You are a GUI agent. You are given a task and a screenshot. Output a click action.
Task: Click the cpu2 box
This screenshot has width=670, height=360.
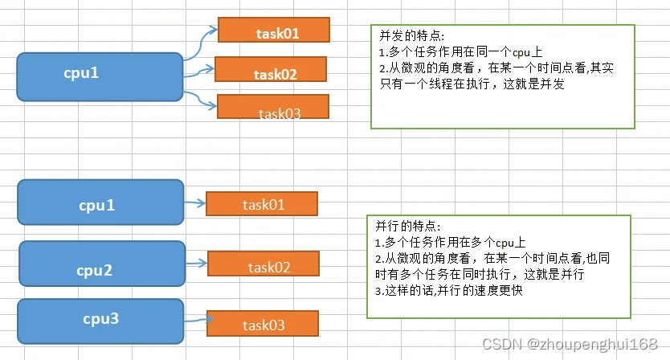click(102, 264)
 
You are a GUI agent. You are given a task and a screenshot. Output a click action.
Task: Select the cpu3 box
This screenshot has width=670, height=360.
click(101, 321)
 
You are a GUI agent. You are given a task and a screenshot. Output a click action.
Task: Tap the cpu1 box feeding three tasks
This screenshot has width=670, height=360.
click(100, 77)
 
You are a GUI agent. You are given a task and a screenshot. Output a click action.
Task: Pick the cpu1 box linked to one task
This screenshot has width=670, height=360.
click(101, 202)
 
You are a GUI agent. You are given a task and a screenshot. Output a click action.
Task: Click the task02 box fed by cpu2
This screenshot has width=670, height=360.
click(264, 264)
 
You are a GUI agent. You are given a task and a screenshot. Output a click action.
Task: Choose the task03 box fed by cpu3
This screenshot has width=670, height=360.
click(263, 323)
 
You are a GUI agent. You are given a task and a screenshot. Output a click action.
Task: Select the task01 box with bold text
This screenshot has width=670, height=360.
click(274, 30)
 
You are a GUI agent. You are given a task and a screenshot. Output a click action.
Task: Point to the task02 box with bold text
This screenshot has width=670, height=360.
click(271, 69)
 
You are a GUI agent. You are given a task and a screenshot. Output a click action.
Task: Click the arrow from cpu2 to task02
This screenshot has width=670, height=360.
click(197, 264)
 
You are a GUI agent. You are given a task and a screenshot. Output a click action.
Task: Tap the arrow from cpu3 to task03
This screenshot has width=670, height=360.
click(198, 319)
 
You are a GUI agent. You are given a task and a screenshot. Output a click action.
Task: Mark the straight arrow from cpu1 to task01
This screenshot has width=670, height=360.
click(195, 203)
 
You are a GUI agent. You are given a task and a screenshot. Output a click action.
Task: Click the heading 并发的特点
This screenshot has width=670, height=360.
click(411, 36)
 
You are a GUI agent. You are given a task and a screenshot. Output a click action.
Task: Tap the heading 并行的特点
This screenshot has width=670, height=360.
click(407, 226)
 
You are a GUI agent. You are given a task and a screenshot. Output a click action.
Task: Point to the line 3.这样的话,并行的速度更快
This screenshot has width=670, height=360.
click(449, 291)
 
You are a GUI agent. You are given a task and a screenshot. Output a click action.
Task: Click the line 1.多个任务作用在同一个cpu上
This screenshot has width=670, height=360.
click(460, 52)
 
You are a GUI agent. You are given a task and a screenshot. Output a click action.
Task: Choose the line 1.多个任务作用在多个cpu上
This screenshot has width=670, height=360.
click(451, 243)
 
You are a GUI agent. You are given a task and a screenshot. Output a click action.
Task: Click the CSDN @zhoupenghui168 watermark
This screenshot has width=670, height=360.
click(570, 344)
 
